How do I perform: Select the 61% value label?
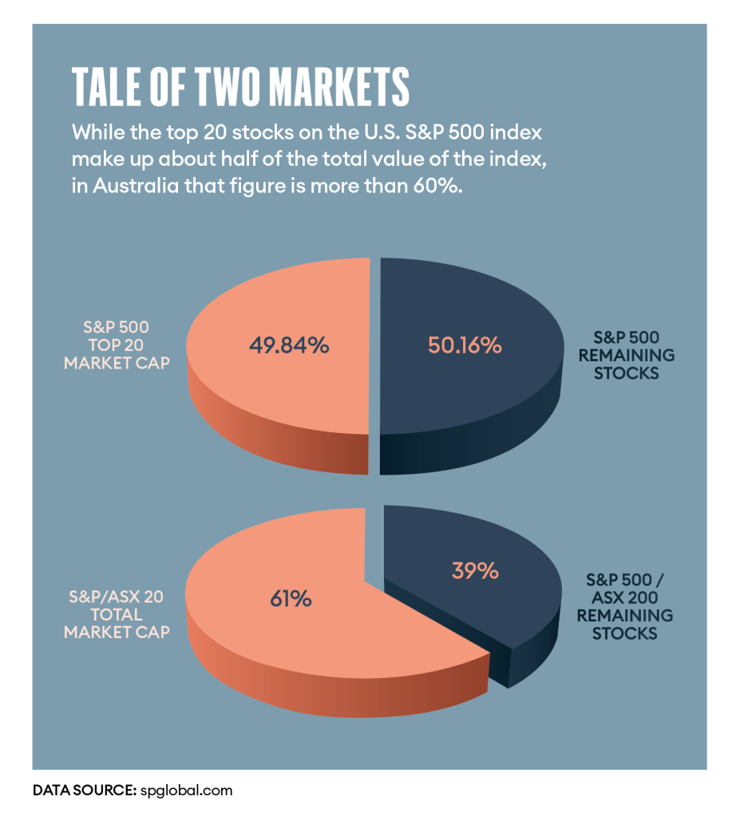click(x=290, y=597)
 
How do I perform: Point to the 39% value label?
click(x=474, y=571)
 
